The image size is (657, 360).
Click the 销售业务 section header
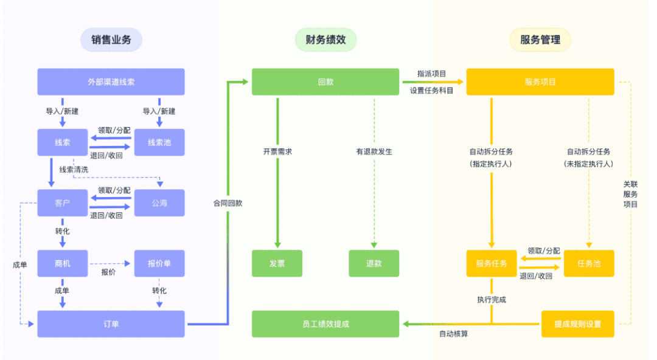click(x=111, y=40)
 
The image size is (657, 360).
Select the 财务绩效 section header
click(x=325, y=40)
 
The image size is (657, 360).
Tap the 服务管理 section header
click(x=540, y=40)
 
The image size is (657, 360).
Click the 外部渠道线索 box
click(x=111, y=81)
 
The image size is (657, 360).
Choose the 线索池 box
click(x=159, y=142)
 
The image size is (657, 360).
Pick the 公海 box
click(x=159, y=203)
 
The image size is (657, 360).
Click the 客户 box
click(x=63, y=203)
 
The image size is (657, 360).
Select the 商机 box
click(x=63, y=263)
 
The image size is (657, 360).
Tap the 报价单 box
click(x=159, y=263)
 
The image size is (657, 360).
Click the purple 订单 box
click(x=111, y=324)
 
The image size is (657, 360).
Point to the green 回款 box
click(x=325, y=81)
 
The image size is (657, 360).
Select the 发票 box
click(x=277, y=263)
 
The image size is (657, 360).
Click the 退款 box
click(x=374, y=263)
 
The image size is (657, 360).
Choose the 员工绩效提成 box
click(x=325, y=324)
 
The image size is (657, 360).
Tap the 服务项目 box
click(x=540, y=81)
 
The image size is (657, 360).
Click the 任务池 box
click(x=588, y=263)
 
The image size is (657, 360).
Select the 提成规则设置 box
click(x=577, y=324)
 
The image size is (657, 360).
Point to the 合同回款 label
click(x=228, y=203)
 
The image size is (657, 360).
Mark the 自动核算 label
click(x=454, y=334)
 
